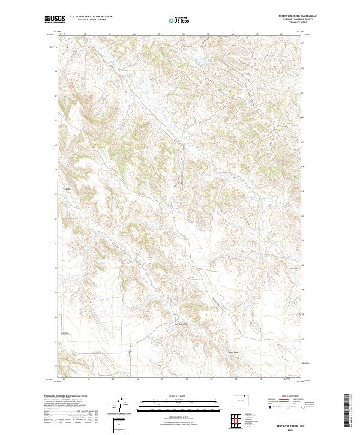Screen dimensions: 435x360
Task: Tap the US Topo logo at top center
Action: pos(179,20)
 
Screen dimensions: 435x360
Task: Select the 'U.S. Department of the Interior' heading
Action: pos(91,17)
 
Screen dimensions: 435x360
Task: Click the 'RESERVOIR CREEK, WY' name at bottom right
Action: pos(289,423)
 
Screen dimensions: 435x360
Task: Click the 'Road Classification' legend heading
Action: pos(290,397)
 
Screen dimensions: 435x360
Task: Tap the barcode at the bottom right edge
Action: pos(347,411)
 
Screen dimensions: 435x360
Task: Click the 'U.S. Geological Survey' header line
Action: pos(91,20)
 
